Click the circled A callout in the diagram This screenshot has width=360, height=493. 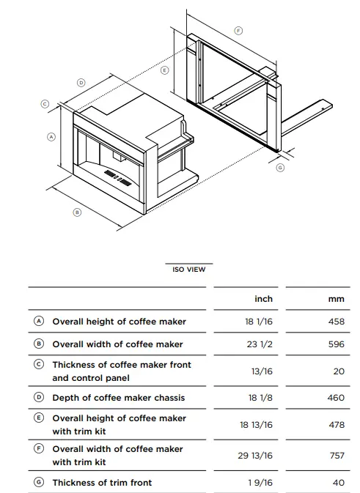click(x=51, y=137)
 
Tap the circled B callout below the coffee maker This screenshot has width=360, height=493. click(x=77, y=212)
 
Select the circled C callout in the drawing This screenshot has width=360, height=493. click(x=45, y=104)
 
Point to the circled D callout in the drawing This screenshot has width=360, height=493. click(x=81, y=83)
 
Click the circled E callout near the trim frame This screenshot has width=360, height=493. click(x=164, y=70)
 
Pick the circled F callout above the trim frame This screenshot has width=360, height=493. click(x=238, y=31)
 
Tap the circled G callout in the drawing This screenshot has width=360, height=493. click(x=280, y=168)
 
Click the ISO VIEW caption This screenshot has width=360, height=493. click(x=189, y=270)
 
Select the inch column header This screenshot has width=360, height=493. click(x=264, y=299)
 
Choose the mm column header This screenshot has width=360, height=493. click(x=337, y=299)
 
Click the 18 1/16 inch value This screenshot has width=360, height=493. click(x=259, y=322)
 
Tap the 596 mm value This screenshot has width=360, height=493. click(x=337, y=344)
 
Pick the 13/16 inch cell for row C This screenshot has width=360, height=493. click(x=262, y=371)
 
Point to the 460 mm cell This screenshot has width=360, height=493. click(x=336, y=398)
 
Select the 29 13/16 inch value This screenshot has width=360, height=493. click(x=255, y=456)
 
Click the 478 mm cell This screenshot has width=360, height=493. click(x=337, y=425)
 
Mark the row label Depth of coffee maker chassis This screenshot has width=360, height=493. click(x=119, y=398)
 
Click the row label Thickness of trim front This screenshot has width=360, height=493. click(x=102, y=482)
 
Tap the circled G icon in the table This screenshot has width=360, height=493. click(x=39, y=482)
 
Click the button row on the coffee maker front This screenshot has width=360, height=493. click(x=118, y=178)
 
